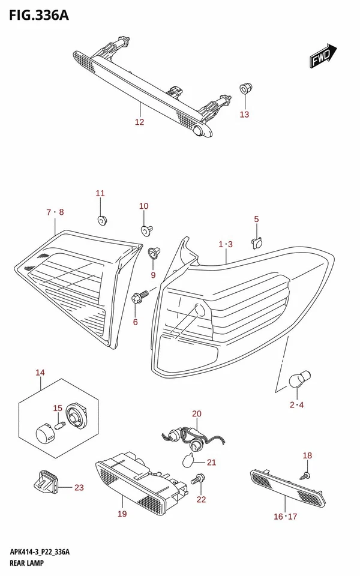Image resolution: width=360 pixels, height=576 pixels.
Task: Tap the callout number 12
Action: [x=139, y=122]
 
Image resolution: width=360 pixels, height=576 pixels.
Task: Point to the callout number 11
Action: [x=100, y=193]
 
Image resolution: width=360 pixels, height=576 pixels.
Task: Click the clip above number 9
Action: [x=152, y=253]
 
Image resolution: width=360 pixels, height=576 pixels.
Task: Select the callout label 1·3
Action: [x=226, y=244]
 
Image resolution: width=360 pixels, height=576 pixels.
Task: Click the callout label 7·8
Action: [x=54, y=212]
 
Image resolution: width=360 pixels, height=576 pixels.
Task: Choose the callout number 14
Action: [x=40, y=373]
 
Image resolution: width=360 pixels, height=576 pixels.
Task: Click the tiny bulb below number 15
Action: [x=59, y=425]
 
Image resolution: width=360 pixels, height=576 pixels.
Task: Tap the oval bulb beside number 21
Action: [x=188, y=461]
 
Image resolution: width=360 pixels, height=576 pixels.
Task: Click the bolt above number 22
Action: [x=197, y=479]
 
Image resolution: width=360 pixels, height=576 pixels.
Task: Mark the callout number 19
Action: [x=122, y=514]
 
